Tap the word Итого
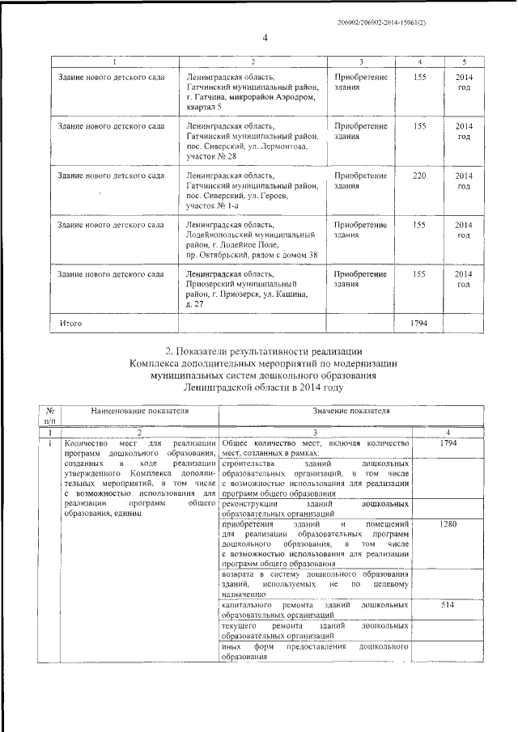(x=72, y=323)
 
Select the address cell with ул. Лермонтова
(x=252, y=141)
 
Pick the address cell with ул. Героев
(x=252, y=191)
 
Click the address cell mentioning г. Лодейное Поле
(x=252, y=239)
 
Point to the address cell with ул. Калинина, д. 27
(x=252, y=289)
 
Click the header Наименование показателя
(x=140, y=411)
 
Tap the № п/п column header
(x=50, y=416)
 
